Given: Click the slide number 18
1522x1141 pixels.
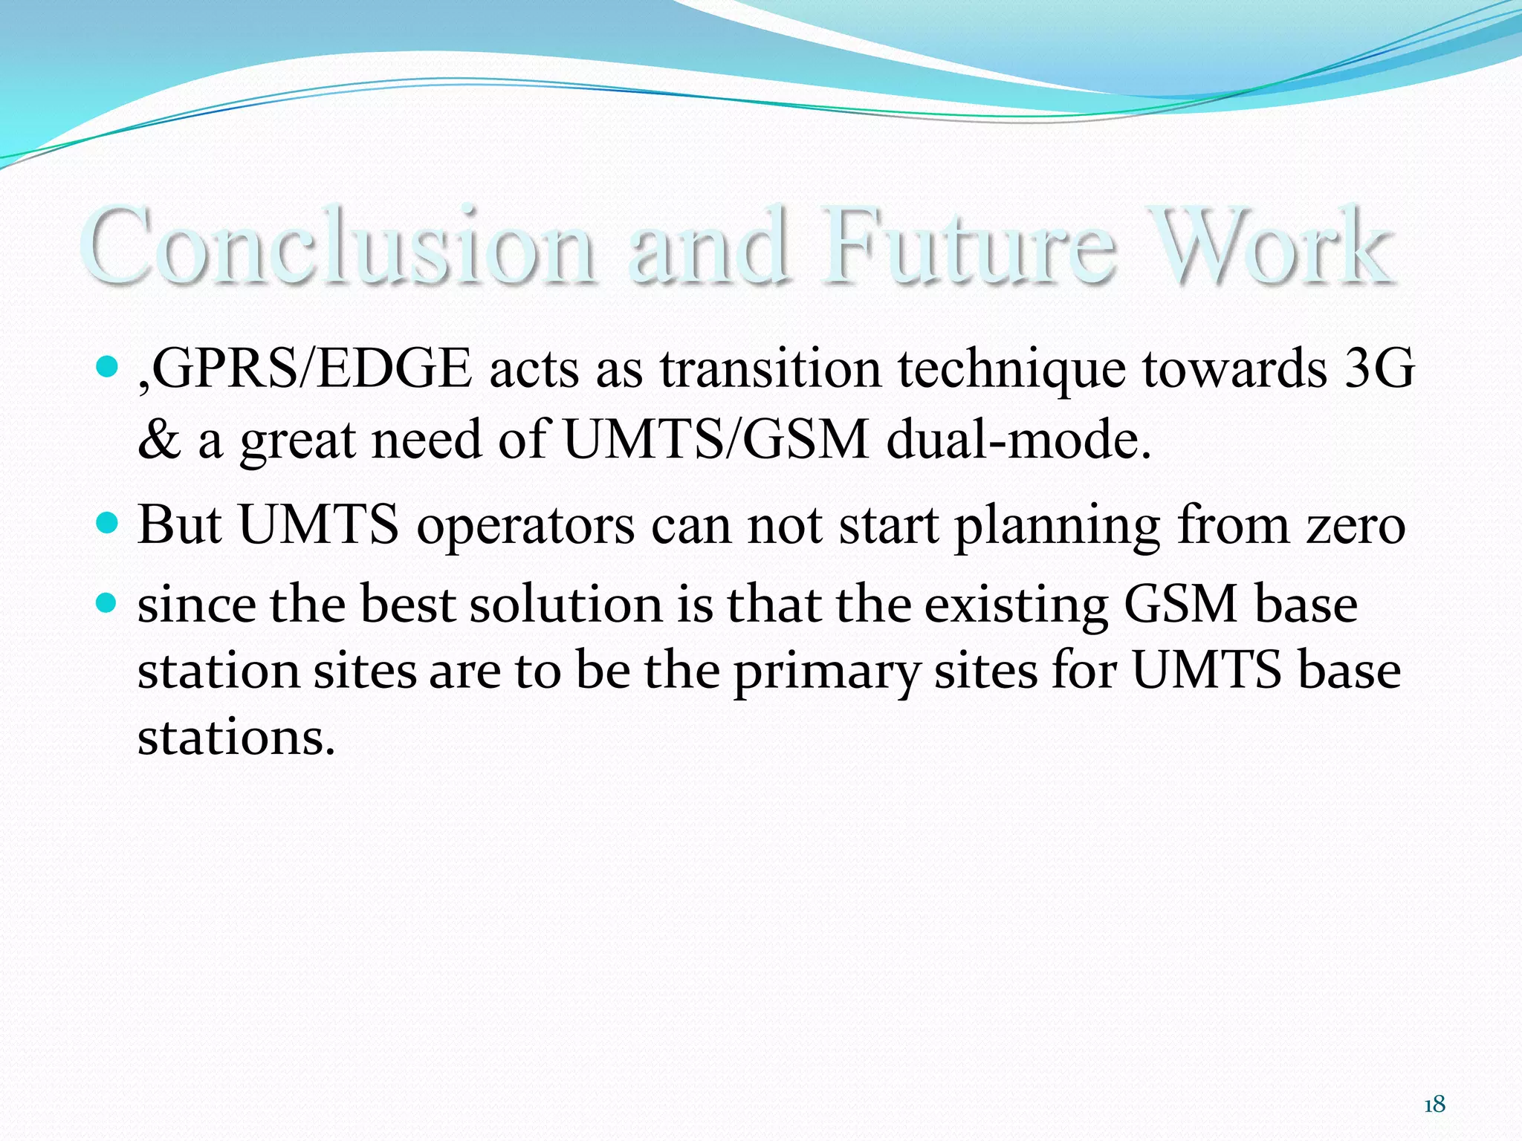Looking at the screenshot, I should [1434, 1105].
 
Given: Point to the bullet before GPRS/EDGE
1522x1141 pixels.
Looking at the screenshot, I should [108, 366].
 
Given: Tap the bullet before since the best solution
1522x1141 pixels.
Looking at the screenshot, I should [108, 602].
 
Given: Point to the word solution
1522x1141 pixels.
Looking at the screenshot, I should [566, 604].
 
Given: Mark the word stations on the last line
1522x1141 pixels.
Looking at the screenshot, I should [236, 738].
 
